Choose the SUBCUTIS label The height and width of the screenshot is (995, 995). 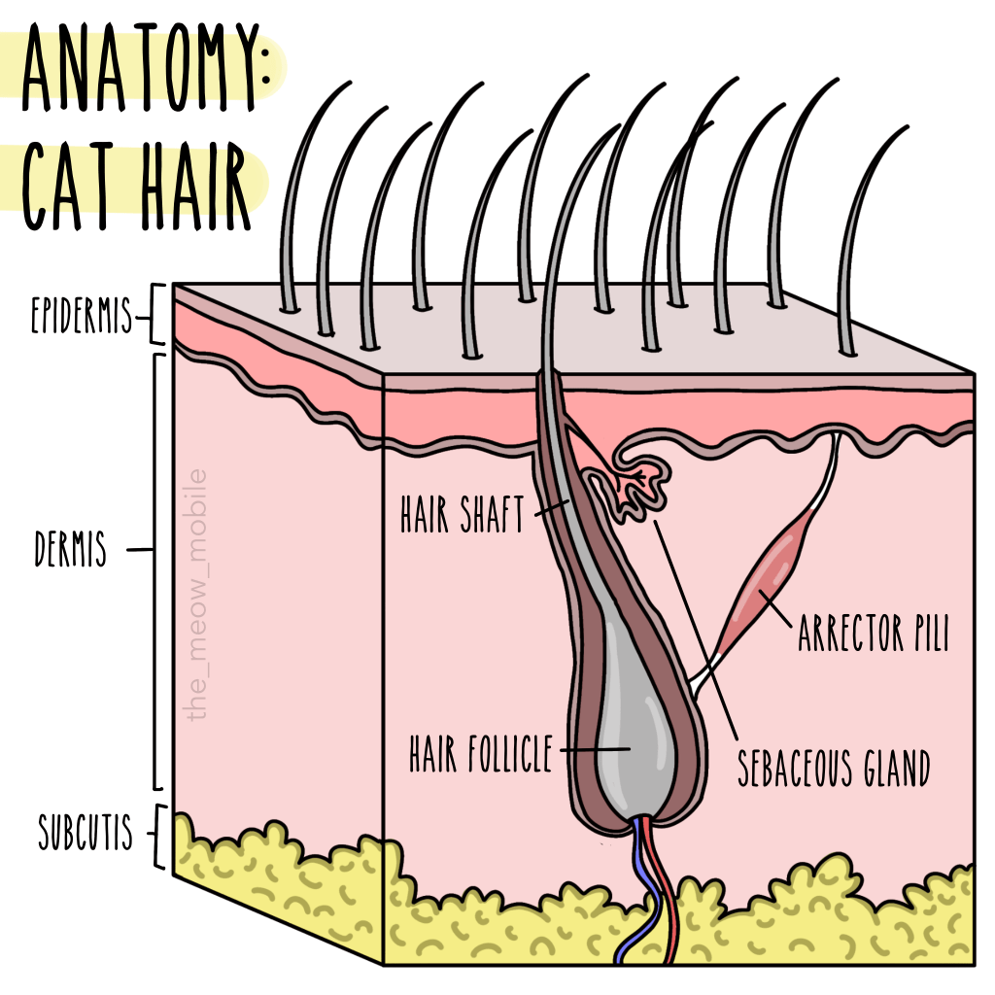86,834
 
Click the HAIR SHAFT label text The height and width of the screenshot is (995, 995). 462,515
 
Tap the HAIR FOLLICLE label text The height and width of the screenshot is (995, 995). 480,753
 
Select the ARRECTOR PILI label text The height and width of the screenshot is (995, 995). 872,635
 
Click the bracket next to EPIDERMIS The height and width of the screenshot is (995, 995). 158,315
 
